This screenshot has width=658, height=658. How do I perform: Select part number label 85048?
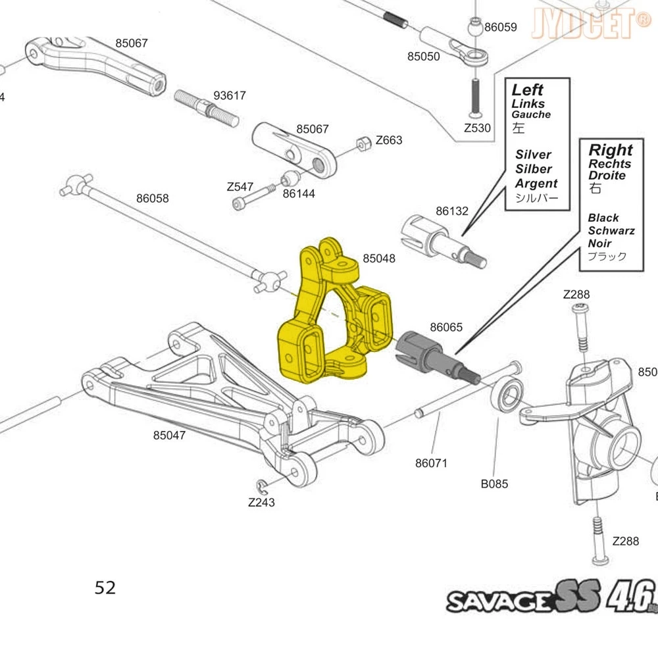(x=379, y=259)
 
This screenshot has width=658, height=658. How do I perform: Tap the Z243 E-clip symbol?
(x=263, y=486)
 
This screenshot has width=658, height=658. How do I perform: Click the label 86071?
(x=431, y=463)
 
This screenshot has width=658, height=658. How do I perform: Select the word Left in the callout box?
(x=528, y=89)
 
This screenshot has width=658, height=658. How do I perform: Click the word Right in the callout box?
(x=610, y=150)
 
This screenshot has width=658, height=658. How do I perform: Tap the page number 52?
(x=105, y=588)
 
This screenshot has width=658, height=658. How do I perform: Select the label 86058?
(x=153, y=198)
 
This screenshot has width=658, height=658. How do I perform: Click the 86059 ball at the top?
(x=475, y=28)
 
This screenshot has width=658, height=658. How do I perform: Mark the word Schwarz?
(x=611, y=230)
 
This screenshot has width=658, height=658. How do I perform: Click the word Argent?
(x=536, y=184)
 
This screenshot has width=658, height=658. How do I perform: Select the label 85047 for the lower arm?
(x=169, y=435)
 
